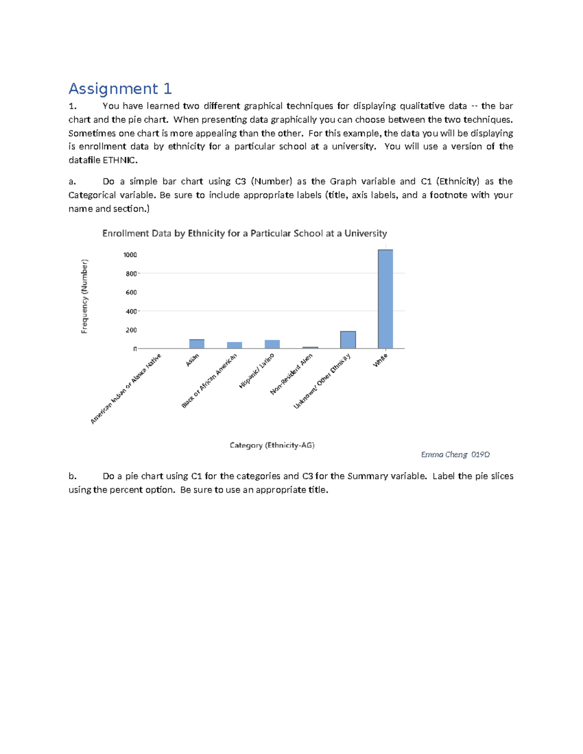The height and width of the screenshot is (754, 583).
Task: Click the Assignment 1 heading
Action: tap(120, 89)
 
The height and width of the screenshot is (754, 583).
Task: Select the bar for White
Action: tap(385, 299)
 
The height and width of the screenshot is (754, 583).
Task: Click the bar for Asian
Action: tap(197, 344)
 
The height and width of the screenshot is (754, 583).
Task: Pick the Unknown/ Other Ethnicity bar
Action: tap(348, 340)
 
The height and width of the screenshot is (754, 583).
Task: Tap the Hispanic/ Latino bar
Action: tap(272, 344)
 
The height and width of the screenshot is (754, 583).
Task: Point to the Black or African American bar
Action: tap(235, 345)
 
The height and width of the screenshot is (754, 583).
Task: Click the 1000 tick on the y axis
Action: tap(130, 255)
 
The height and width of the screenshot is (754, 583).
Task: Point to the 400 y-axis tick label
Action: tap(131, 311)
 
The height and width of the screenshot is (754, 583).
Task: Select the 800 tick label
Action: tap(131, 274)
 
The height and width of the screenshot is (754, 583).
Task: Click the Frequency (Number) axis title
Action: tap(85, 296)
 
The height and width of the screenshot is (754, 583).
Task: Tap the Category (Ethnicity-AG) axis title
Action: tap(272, 445)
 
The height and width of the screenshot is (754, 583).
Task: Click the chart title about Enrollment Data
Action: tap(244, 234)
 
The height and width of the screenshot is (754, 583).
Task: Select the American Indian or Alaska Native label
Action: tap(126, 389)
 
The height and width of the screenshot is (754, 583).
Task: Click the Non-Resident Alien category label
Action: tap(291, 374)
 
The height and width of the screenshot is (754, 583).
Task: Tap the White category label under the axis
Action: tap(380, 360)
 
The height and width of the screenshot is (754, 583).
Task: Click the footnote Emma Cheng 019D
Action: tap(455, 455)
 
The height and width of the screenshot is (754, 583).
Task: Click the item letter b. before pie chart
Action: tap(72, 476)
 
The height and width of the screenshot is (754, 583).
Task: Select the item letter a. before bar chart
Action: tap(72, 182)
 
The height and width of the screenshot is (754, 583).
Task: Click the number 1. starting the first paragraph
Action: tap(72, 106)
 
